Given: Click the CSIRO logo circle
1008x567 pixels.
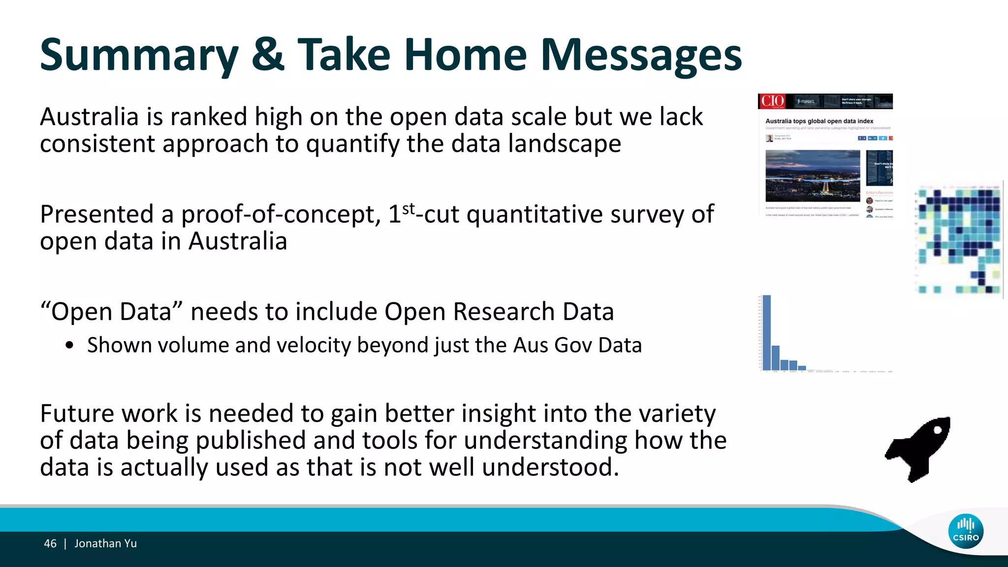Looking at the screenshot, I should pyautogui.click(x=966, y=531).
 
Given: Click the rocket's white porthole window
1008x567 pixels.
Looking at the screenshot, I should pyautogui.click(x=938, y=430).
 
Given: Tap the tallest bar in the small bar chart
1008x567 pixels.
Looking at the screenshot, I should pyautogui.click(x=766, y=332).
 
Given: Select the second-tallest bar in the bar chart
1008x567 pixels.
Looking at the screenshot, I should pyautogui.click(x=775, y=358).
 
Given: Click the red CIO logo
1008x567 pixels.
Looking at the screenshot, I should pyautogui.click(x=772, y=101).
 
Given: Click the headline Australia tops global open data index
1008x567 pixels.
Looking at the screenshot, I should pyautogui.click(x=819, y=121).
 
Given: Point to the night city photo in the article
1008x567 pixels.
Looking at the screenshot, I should pyautogui.click(x=813, y=176).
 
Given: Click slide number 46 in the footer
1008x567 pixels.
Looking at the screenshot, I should pyautogui.click(x=50, y=543).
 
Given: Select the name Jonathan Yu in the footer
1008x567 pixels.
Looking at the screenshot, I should pyautogui.click(x=105, y=543).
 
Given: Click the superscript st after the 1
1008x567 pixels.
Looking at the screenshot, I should pyautogui.click(x=409, y=209).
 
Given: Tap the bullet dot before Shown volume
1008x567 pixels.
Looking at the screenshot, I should pyautogui.click(x=69, y=346).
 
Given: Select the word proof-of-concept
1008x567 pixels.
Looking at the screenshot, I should pyautogui.click(x=281, y=215).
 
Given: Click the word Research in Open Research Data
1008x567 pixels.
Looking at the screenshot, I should pyautogui.click(x=504, y=312).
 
